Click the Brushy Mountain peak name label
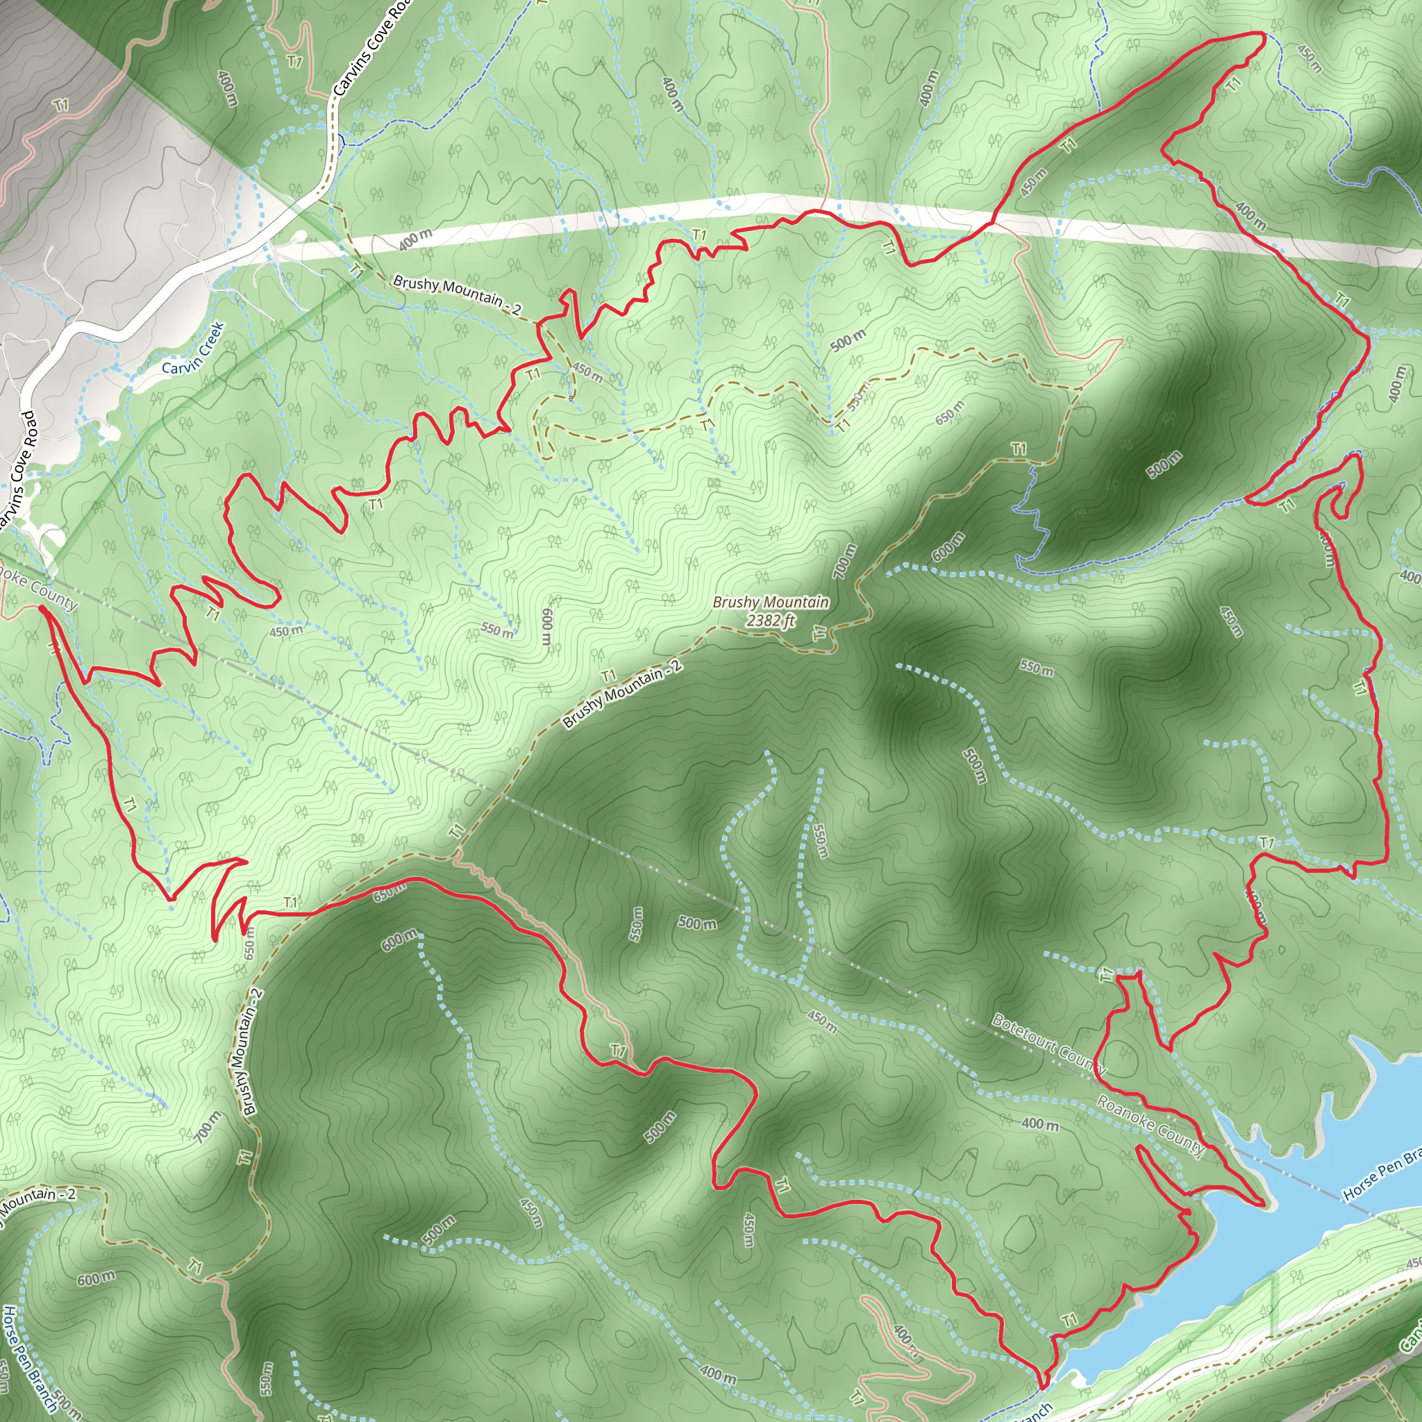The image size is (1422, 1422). pos(771,602)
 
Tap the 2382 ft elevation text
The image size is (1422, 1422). pos(771,621)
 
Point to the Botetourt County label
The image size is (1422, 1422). pos(1049,1044)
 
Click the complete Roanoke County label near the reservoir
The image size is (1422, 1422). pos(1151,1126)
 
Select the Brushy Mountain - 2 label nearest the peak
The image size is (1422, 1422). pos(623,694)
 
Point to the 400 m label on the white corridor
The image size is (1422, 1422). pos(416,240)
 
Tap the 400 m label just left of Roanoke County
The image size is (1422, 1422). pos(1040,1124)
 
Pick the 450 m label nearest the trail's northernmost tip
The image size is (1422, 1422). pos(1310,59)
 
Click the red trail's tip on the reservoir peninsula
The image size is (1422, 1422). pos(1263,1205)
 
